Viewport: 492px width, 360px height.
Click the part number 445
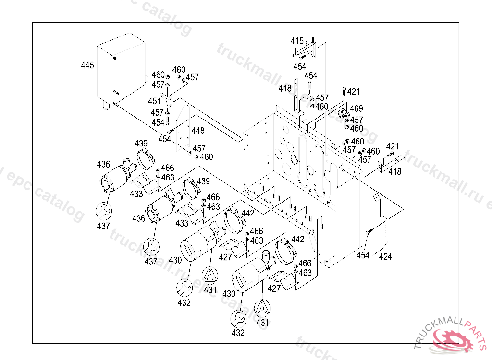click(87, 65)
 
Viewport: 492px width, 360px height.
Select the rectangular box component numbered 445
click(120, 72)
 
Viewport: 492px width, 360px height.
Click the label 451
click(154, 101)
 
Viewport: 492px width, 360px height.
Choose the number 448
click(198, 131)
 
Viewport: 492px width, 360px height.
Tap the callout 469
click(356, 109)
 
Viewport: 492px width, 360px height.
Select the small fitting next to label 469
click(343, 114)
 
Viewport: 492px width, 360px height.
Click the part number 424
click(385, 257)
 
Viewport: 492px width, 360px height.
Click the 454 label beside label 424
click(363, 255)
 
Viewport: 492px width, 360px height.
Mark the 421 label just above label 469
click(353, 92)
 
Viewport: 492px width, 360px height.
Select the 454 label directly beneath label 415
click(299, 66)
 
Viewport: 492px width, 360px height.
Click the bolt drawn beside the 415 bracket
click(301, 57)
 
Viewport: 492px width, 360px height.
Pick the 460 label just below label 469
click(357, 129)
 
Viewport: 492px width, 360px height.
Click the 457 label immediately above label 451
click(158, 84)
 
